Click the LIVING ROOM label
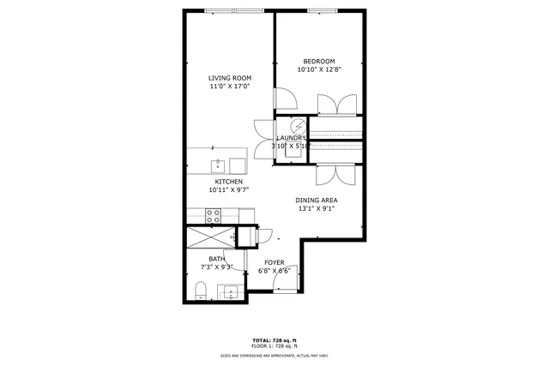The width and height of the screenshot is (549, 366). (230, 78)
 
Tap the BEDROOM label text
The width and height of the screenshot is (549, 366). (318, 61)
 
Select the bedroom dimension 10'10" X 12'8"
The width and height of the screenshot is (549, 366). (318, 70)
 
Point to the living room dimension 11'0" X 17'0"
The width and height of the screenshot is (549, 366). (230, 87)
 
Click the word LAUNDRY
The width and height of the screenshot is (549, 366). (291, 138)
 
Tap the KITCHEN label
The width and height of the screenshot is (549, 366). (229, 182)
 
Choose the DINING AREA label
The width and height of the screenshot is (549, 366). (317, 200)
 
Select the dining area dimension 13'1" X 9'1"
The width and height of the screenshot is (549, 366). (317, 208)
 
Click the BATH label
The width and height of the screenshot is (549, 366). (216, 259)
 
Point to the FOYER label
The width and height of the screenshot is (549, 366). (274, 262)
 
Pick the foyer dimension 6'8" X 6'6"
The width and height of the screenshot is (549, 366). (274, 271)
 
